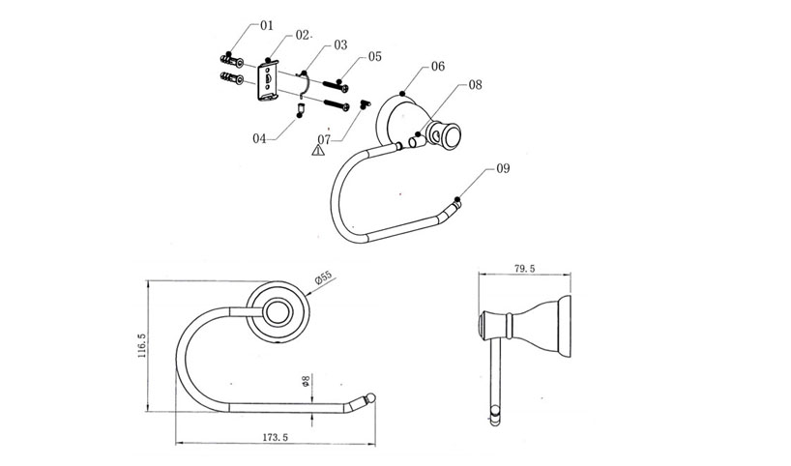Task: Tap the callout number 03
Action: click(x=339, y=44)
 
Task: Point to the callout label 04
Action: click(x=259, y=138)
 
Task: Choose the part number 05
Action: click(x=374, y=56)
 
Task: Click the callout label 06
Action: click(x=437, y=67)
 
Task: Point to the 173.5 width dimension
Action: click(x=276, y=436)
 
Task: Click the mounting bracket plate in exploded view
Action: click(x=265, y=80)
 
